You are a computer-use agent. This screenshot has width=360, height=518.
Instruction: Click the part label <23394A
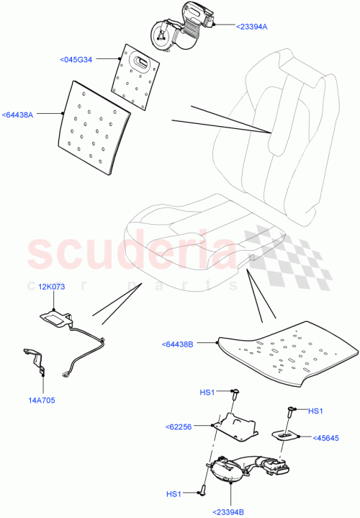pos(251,26)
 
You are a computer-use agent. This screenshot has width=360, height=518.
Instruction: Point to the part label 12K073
pos(52,287)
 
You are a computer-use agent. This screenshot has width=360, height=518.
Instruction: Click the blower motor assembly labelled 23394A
pos(184,27)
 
